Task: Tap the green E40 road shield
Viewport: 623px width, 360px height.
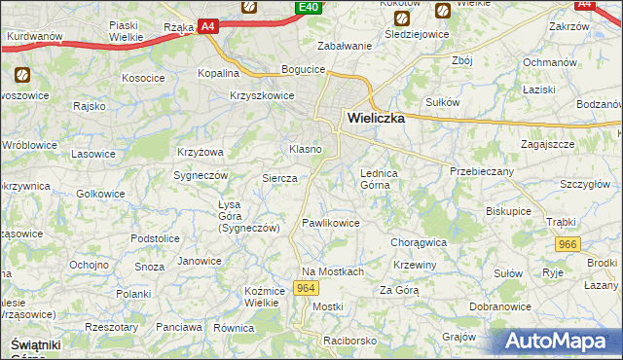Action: [309, 8]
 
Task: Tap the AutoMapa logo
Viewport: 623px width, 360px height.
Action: [562, 342]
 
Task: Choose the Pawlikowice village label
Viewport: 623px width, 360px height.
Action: [331, 223]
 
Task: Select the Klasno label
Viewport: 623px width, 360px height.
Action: [306, 149]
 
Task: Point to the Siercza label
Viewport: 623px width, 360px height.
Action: [279, 178]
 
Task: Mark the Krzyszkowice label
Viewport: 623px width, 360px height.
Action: [262, 94]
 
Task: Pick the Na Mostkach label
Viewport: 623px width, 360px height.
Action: [333, 271]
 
